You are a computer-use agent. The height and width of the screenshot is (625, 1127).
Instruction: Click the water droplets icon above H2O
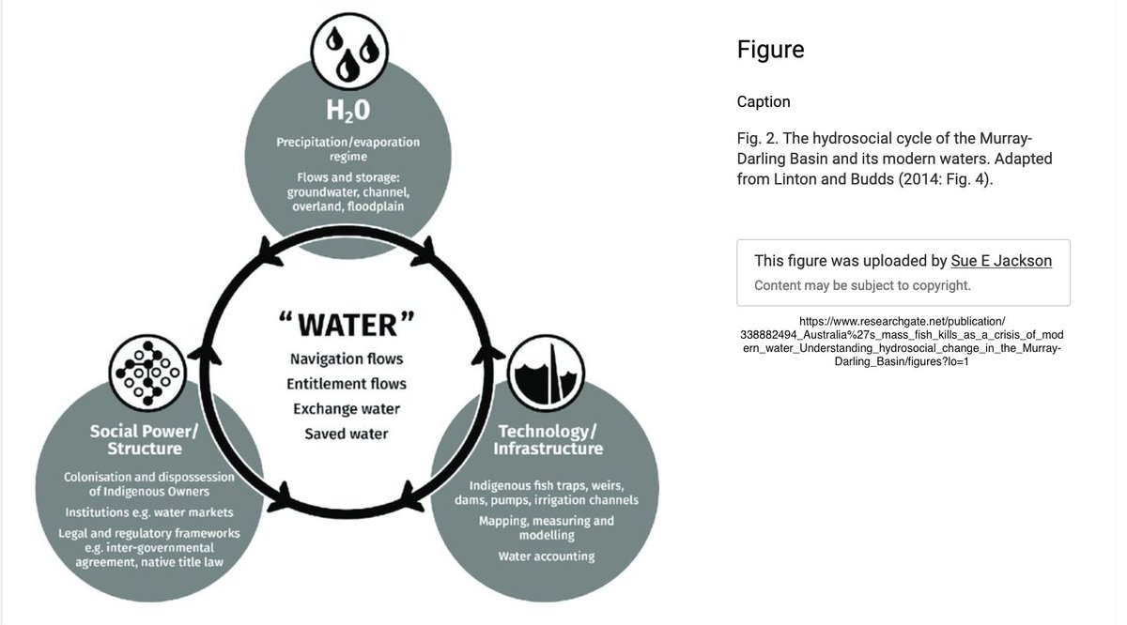pyautogui.click(x=347, y=47)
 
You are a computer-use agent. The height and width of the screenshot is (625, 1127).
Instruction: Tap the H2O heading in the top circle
pyautogui.click(x=347, y=111)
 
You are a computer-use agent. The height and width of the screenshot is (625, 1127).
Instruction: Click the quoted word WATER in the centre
pyautogui.click(x=347, y=324)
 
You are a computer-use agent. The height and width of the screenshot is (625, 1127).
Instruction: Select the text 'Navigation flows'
pyautogui.click(x=347, y=359)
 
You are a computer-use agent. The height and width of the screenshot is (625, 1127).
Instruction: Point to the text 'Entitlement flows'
pyautogui.click(x=347, y=384)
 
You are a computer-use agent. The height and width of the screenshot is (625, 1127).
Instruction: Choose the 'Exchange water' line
pyautogui.click(x=347, y=409)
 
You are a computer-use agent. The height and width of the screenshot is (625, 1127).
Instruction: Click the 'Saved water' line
pyautogui.click(x=347, y=434)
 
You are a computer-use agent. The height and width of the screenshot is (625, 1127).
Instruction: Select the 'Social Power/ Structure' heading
pyautogui.click(x=144, y=439)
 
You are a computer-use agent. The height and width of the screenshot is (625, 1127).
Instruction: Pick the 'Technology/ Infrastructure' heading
pyautogui.click(x=550, y=439)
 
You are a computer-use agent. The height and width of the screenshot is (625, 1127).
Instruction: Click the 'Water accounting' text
pyautogui.click(x=547, y=556)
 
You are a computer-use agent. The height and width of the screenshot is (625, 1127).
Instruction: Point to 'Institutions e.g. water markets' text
pyautogui.click(x=149, y=512)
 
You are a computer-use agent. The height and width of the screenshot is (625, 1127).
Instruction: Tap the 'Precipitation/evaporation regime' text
pyautogui.click(x=347, y=149)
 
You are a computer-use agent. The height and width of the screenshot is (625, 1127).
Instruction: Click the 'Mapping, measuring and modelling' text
pyautogui.click(x=547, y=527)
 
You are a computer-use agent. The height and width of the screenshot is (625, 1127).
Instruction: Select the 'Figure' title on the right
pyautogui.click(x=770, y=50)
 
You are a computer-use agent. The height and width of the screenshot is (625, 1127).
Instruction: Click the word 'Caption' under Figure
pyautogui.click(x=764, y=101)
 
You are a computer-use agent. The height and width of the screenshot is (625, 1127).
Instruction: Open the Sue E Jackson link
pyautogui.click(x=1001, y=261)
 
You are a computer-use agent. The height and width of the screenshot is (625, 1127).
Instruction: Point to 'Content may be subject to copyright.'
pyautogui.click(x=862, y=285)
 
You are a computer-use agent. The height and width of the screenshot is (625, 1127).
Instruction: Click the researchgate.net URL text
pyautogui.click(x=902, y=342)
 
